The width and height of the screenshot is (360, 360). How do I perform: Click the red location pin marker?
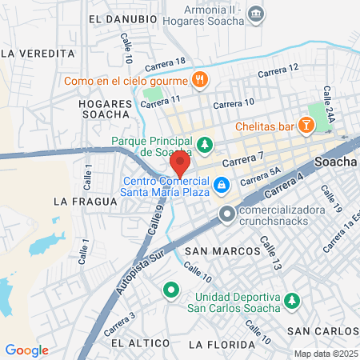(x=179, y=165)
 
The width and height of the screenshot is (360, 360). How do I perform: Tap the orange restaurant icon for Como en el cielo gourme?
(x=200, y=80)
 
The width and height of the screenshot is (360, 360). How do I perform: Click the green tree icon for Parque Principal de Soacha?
(x=206, y=145)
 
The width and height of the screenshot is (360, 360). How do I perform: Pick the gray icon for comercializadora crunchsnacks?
(x=228, y=214)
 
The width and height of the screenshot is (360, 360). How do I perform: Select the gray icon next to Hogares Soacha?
(x=255, y=14)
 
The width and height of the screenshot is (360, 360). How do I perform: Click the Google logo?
(x=26, y=350)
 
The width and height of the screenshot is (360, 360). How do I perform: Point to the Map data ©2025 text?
(x=325, y=354)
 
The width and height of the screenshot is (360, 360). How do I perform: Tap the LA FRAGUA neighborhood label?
(x=79, y=202)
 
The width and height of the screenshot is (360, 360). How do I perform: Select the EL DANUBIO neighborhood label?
(x=122, y=18)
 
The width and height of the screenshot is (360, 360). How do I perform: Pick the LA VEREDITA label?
(x=38, y=53)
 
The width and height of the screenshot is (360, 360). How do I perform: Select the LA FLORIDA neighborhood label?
(x=219, y=344)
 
